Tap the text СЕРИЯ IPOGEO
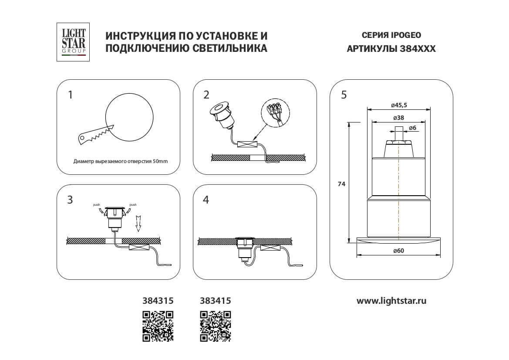(x=391, y=35)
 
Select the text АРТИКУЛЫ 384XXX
(x=391, y=49)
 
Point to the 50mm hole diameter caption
(x=121, y=161)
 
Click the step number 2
(x=206, y=95)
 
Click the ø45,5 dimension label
(x=399, y=105)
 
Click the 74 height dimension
(x=341, y=184)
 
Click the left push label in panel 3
(x=97, y=204)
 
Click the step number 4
(x=206, y=200)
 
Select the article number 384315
(x=158, y=301)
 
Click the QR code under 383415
(x=215, y=326)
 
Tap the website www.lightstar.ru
(x=391, y=301)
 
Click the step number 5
(x=344, y=95)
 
